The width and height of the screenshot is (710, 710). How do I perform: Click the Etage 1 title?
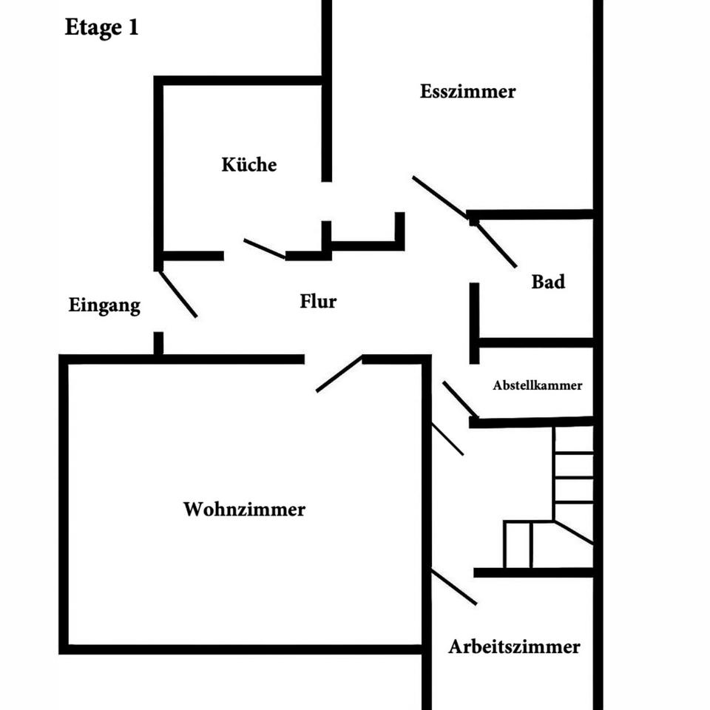101,27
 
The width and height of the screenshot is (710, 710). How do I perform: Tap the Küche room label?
249,164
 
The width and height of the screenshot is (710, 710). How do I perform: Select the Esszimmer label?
467,92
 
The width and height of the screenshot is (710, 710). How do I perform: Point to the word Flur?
318,301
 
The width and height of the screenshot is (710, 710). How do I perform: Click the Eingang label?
104,305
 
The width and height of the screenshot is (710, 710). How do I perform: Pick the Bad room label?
548,282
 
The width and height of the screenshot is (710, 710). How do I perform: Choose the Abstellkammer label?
538,385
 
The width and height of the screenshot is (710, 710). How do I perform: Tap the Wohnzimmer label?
244,510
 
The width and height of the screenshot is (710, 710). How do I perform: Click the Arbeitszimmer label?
514,646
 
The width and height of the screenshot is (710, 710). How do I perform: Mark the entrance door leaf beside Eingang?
178,294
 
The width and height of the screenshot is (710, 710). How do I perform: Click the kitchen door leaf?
265,248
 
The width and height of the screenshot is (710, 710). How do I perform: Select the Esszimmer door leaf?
440,197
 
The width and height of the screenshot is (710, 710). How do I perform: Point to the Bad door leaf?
496,245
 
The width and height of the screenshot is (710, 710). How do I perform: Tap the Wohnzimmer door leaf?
339,373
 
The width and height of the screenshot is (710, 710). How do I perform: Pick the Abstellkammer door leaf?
460,399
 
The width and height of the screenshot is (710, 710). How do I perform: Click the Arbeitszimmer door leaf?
454,587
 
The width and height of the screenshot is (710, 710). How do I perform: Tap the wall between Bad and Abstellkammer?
535,342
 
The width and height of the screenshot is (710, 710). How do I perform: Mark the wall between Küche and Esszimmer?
326,90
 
